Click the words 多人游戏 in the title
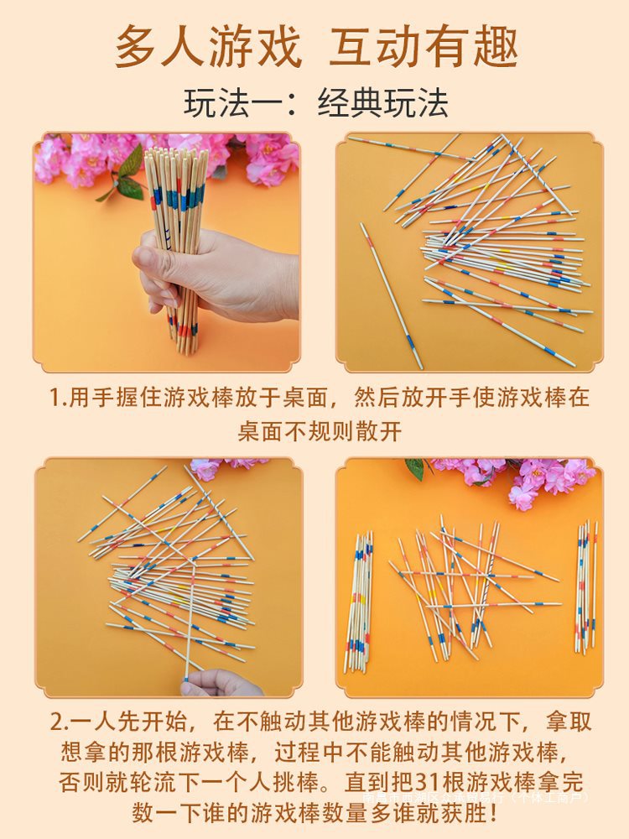208,48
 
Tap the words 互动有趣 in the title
424,48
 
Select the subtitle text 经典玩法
383,103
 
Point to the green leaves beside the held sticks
126,176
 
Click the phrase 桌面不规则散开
320,431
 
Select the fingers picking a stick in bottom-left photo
220,683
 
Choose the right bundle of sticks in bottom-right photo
586,587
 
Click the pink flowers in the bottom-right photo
537,478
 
